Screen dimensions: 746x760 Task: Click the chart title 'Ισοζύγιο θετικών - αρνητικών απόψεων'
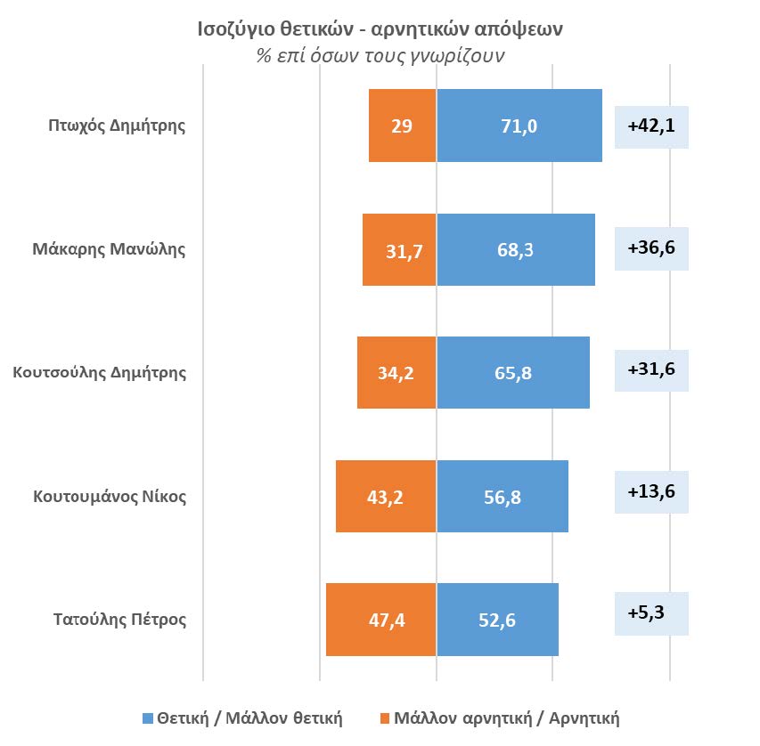pos(380,29)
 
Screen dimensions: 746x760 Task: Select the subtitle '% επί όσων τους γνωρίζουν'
pos(380,56)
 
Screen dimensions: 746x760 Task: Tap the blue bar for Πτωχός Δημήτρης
pos(519,126)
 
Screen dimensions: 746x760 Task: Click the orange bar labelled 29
pos(402,126)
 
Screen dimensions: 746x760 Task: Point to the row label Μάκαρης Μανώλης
pos(117,249)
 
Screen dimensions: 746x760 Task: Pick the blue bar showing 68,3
pos(515,249)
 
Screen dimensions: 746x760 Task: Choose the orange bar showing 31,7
pos(399,249)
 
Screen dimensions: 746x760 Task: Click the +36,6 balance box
pos(651,247)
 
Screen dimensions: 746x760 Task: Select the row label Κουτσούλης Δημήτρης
pos(100,373)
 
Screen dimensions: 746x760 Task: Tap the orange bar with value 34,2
pos(396,373)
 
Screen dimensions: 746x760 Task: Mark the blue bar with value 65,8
pos(512,373)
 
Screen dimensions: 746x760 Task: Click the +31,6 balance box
pos(651,369)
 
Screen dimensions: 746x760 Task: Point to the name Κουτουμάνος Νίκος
pos(110,496)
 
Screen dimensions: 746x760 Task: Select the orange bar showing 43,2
pos(386,496)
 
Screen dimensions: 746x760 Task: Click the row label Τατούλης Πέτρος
pos(120,620)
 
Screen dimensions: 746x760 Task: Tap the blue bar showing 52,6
pos(497,620)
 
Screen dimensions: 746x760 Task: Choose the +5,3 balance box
pos(651,614)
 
